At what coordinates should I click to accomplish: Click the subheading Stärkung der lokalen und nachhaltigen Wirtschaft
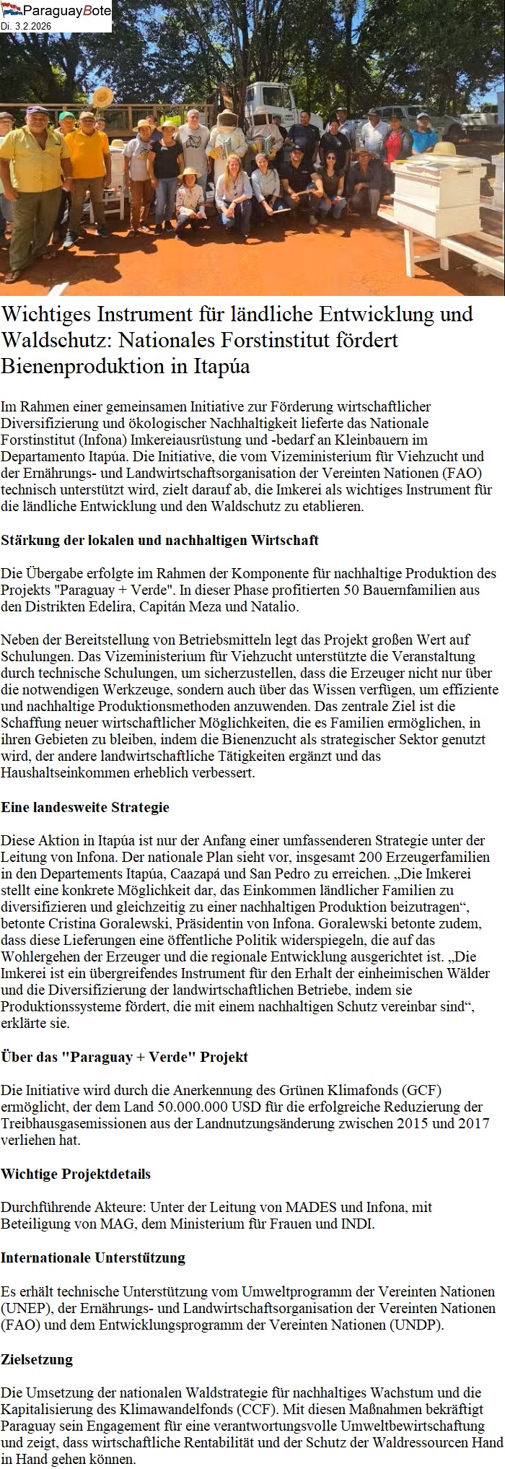pos(159,540)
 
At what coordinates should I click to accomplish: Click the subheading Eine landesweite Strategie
pos(85,807)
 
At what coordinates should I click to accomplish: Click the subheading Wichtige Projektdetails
pos(76,1174)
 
